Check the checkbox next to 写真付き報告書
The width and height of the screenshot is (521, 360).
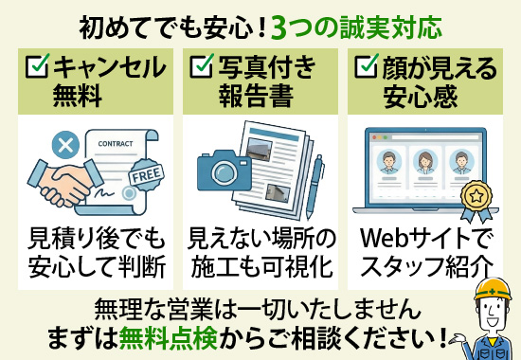point(201,66)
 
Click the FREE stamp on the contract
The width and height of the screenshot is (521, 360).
point(145,176)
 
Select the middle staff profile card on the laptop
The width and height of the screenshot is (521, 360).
point(423,162)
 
